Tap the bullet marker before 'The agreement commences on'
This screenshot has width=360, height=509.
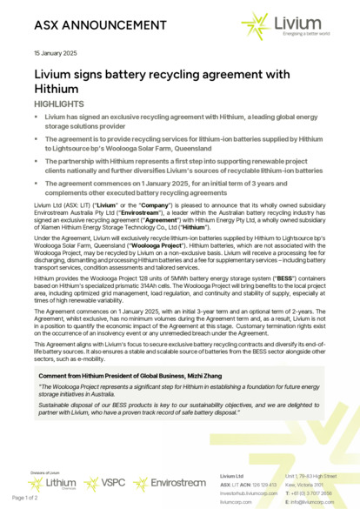pos(37,184)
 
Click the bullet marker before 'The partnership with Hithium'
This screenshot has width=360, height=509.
pos(37,162)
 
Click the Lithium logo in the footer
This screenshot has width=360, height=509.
pos(58,480)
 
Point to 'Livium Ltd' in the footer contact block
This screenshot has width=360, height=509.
pos(230,477)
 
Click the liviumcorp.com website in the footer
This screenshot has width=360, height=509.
pos(236,501)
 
